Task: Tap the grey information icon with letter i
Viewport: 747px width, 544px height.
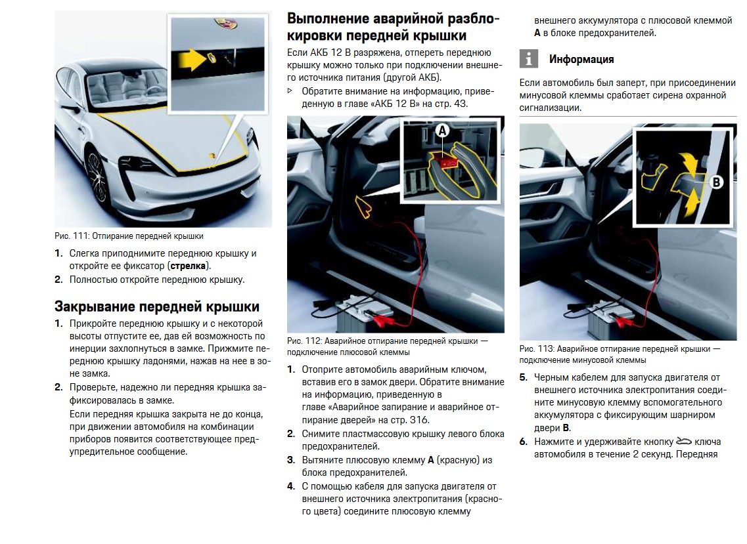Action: pyautogui.click(x=529, y=59)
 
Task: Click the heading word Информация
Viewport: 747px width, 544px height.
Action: pyautogui.click(x=581, y=59)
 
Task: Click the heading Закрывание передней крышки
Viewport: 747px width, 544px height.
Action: pyautogui.click(x=157, y=306)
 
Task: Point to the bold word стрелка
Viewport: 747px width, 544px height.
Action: pyautogui.click(x=187, y=266)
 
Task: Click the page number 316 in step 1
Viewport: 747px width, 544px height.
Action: pyautogui.click(x=419, y=420)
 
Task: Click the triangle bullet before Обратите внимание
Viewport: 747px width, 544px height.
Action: pyautogui.click(x=290, y=91)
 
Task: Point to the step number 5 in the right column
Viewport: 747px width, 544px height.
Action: pyautogui.click(x=524, y=377)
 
